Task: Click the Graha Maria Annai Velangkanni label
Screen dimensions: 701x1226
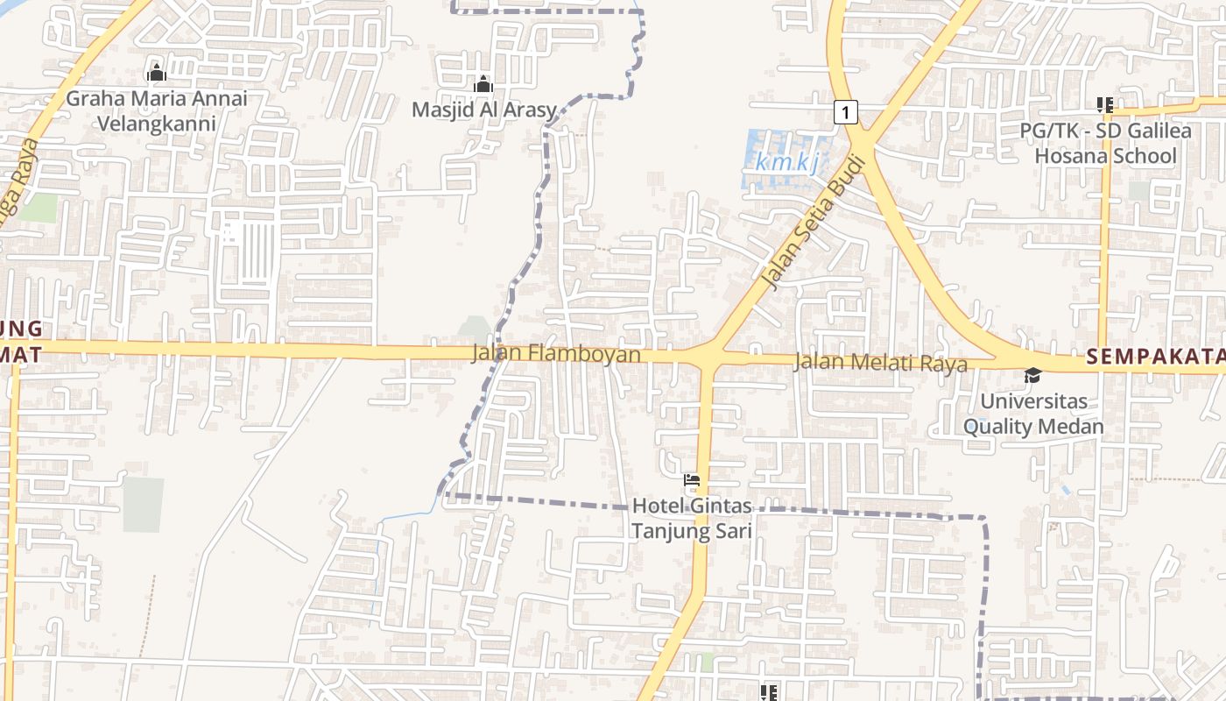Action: click(x=157, y=110)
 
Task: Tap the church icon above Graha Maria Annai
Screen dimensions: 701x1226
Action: click(x=157, y=73)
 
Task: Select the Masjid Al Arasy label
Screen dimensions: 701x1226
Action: click(x=484, y=110)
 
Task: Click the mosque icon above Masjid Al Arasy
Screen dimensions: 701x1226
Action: click(x=483, y=85)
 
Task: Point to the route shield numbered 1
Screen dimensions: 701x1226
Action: click(x=844, y=112)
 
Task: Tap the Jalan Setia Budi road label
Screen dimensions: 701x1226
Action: click(x=814, y=223)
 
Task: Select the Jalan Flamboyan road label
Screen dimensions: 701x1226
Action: click(x=556, y=355)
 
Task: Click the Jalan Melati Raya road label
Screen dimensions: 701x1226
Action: click(x=880, y=363)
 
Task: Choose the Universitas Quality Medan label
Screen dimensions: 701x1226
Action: click(x=1033, y=414)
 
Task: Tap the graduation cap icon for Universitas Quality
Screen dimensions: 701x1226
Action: click(x=1033, y=376)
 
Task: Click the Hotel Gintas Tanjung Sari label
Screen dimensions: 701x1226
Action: click(x=692, y=519)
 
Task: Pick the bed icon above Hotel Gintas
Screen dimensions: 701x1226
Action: click(x=692, y=480)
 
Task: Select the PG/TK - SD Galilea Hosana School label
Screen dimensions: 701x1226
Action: click(x=1106, y=144)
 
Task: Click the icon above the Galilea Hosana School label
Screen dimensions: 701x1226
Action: click(x=1105, y=105)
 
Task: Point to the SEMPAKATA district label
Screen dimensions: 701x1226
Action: click(x=1154, y=357)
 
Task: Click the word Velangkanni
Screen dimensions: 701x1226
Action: click(x=157, y=123)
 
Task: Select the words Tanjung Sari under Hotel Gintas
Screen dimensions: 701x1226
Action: click(x=692, y=531)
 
